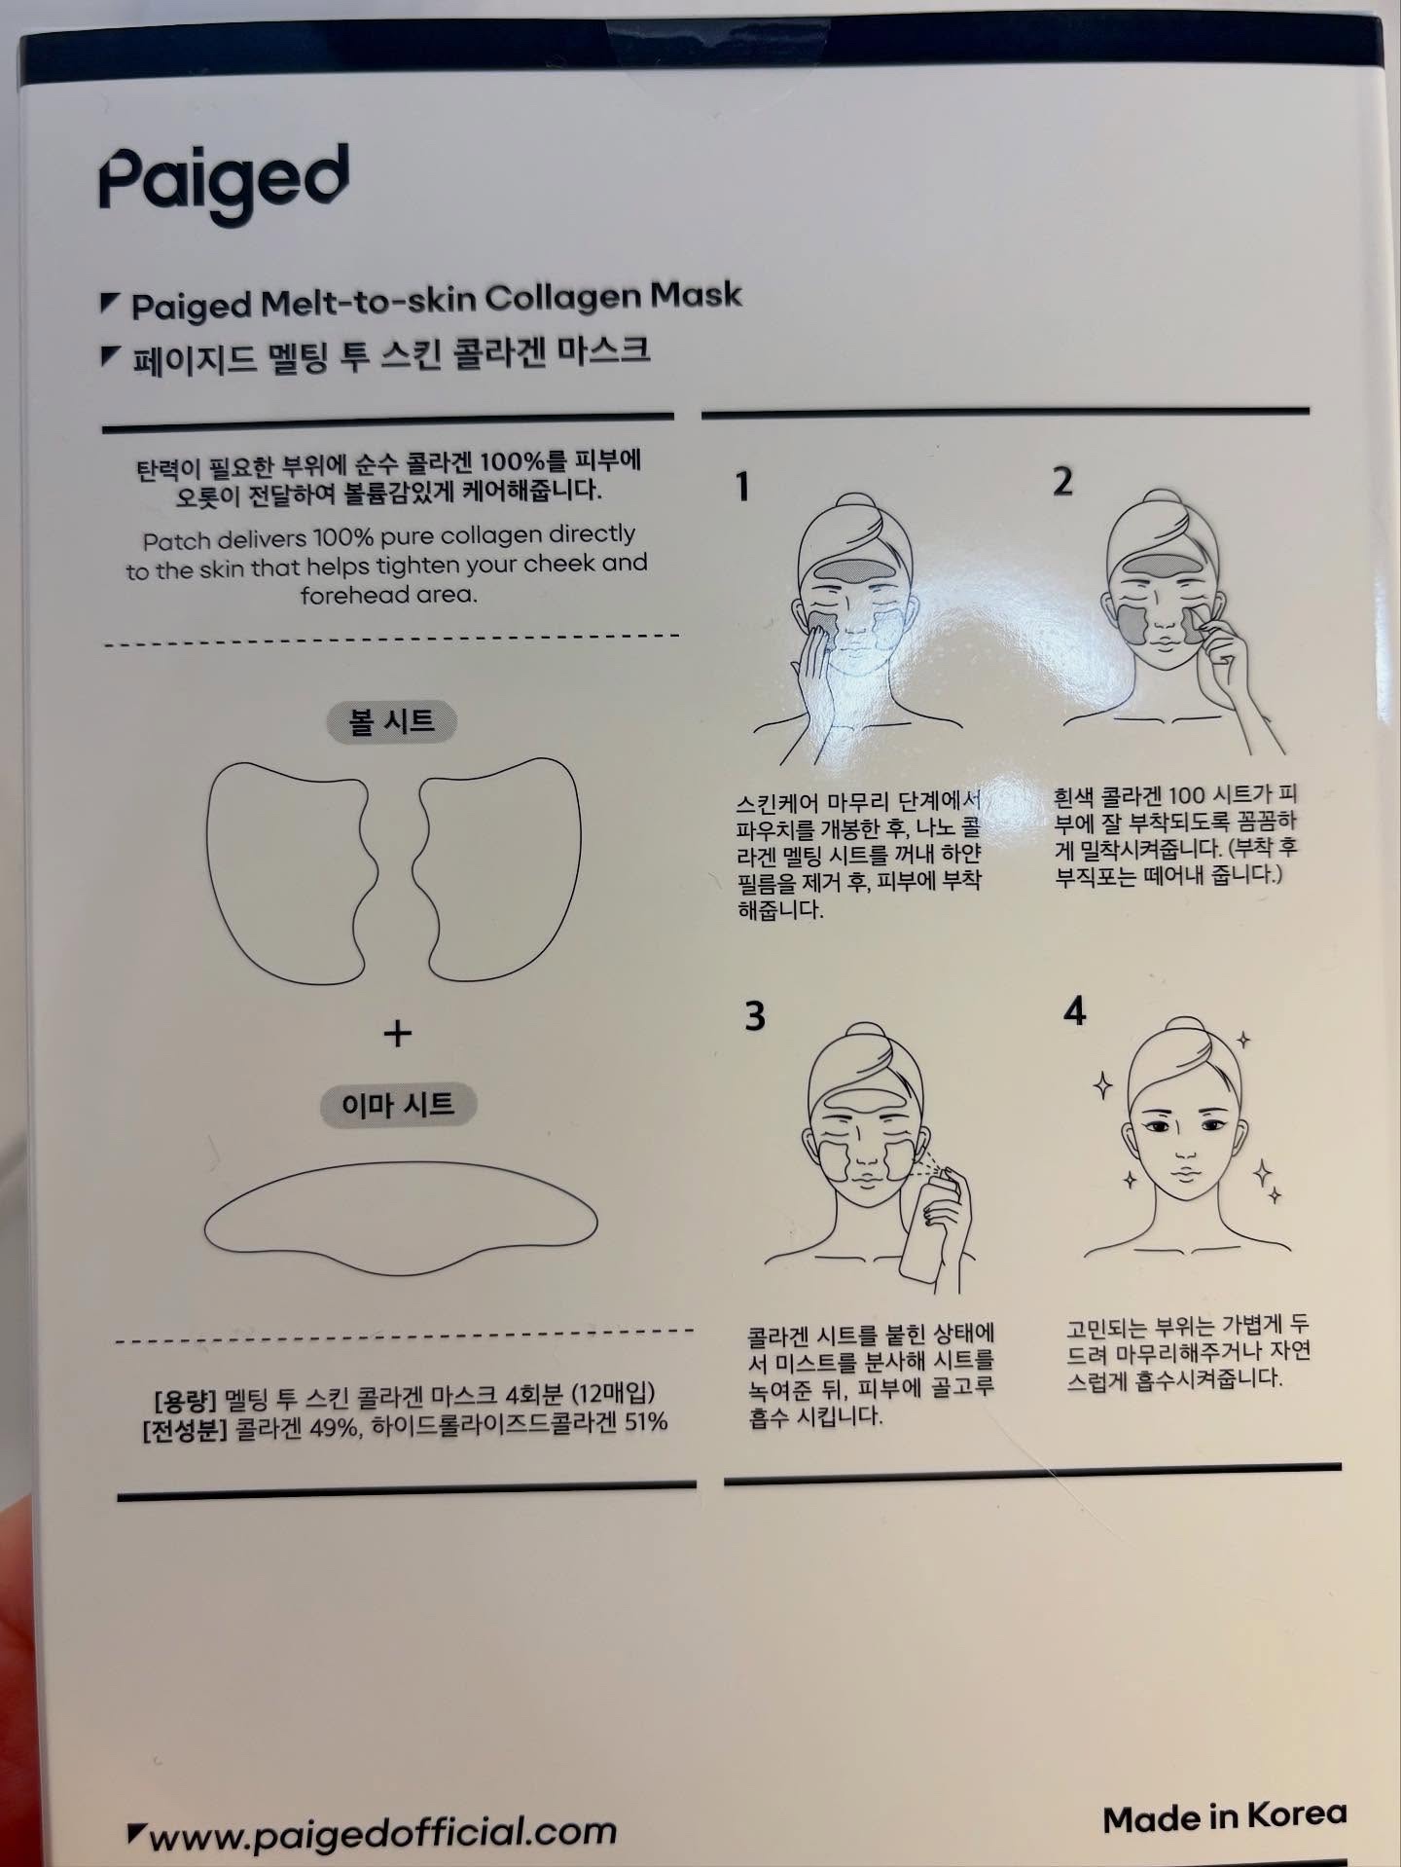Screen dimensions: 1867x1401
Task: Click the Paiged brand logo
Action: pos(224,183)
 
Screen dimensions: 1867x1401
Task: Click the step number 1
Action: pos(742,486)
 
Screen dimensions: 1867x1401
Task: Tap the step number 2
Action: pos(1062,481)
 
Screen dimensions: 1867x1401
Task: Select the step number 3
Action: pos(755,1015)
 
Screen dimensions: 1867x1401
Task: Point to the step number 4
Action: pos(1074,1011)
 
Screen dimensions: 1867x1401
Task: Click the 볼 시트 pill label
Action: pos(391,721)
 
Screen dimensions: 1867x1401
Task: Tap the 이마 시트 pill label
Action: pos(397,1104)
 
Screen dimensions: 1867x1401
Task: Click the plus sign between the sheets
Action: pos(397,1033)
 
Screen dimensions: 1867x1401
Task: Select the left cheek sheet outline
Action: pos(288,869)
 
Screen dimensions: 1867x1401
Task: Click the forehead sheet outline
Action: pos(400,1222)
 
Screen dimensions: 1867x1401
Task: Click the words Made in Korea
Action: pos(1224,1816)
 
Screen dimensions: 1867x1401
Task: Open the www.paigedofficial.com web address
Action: pos(382,1833)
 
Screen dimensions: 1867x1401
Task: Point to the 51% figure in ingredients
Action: pos(646,1422)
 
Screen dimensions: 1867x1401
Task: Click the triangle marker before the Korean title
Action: pos(111,357)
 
